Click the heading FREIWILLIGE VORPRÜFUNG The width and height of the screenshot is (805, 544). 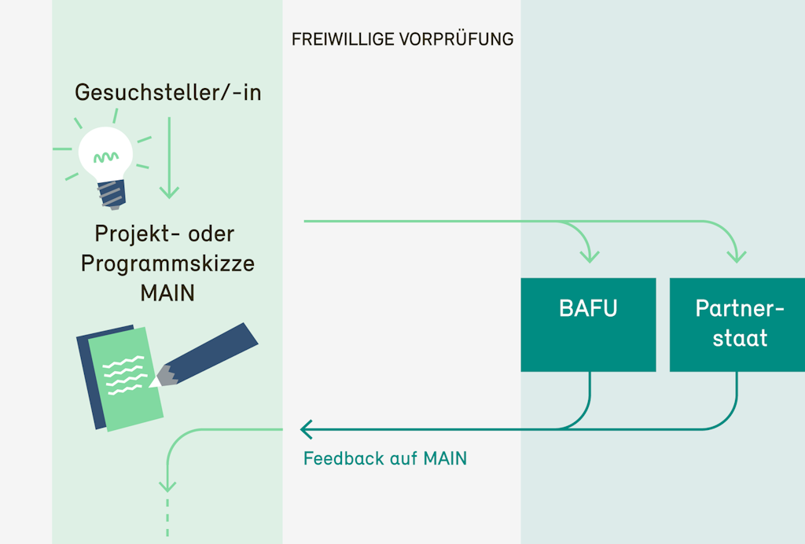pyautogui.click(x=402, y=39)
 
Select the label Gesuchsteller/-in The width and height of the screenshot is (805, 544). pyautogui.click(x=167, y=93)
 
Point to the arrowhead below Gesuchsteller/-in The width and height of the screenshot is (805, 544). pyautogui.click(x=169, y=192)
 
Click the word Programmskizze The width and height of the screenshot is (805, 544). pyautogui.click(x=167, y=263)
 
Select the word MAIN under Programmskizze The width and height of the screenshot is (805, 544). pyautogui.click(x=167, y=292)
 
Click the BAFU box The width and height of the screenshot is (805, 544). pyautogui.click(x=588, y=324)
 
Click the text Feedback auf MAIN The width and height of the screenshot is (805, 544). pyautogui.click(x=385, y=458)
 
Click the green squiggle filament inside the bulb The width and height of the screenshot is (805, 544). pyautogui.click(x=108, y=156)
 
